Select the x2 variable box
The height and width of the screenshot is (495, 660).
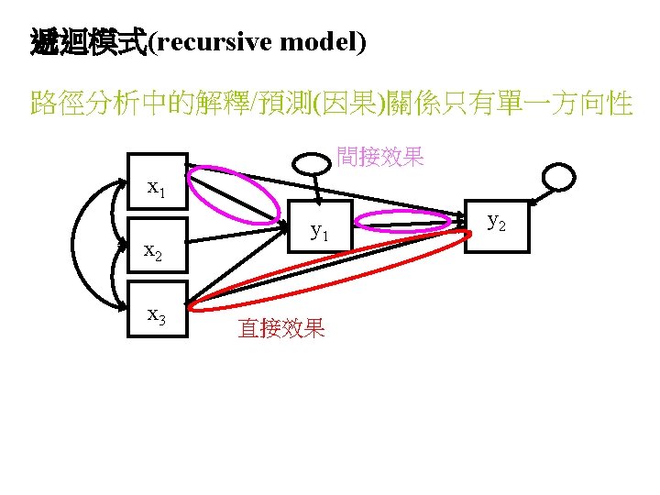click(x=157, y=247)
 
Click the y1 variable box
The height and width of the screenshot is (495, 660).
click(x=320, y=228)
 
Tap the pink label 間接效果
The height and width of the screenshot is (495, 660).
click(x=379, y=157)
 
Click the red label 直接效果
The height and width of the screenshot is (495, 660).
click(x=281, y=328)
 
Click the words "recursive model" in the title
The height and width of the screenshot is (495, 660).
click(x=257, y=43)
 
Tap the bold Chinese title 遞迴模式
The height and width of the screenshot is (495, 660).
click(x=88, y=43)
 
